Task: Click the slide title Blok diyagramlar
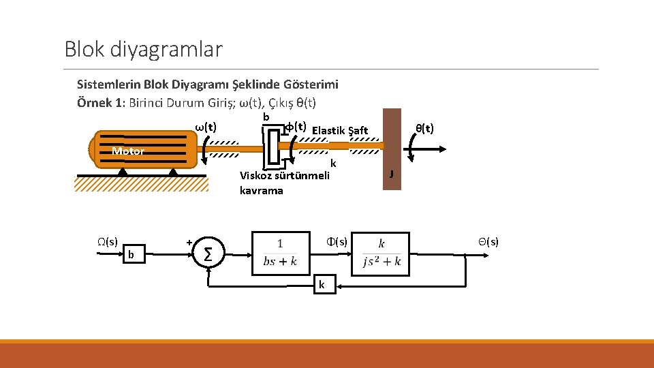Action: pyautogui.click(x=143, y=49)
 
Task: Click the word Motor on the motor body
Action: pyautogui.click(x=128, y=151)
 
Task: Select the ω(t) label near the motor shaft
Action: pyautogui.click(x=206, y=127)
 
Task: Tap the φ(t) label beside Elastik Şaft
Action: pyautogui.click(x=294, y=127)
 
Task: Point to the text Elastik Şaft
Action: pyautogui.click(x=339, y=130)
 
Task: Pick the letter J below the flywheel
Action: pyautogui.click(x=391, y=174)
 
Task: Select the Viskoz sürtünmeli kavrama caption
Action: pyautogui.click(x=284, y=183)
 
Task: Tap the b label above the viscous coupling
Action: pyautogui.click(x=266, y=117)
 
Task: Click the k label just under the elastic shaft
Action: pyautogui.click(x=333, y=164)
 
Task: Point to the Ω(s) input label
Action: pyautogui.click(x=107, y=241)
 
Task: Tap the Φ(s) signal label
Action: pyautogui.click(x=336, y=241)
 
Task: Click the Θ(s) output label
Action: pyautogui.click(x=488, y=241)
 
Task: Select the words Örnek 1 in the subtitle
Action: pyautogui.click(x=98, y=103)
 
